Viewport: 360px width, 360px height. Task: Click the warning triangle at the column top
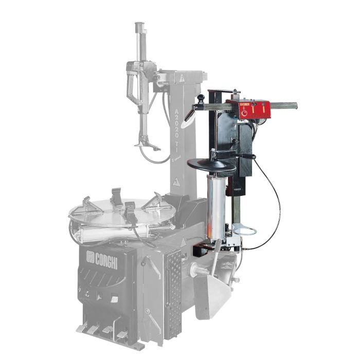(182, 78)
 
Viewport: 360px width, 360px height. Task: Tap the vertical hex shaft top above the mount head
(139, 26)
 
